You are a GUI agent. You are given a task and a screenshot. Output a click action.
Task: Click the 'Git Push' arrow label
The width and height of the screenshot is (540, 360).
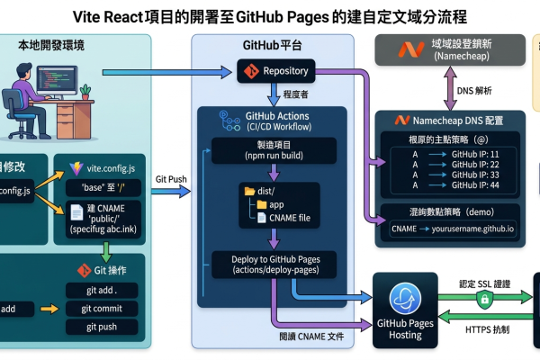[172, 179]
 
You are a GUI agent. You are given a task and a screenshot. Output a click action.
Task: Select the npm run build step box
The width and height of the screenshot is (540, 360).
[272, 150]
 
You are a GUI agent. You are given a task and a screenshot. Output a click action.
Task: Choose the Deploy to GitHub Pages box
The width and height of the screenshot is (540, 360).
[272, 265]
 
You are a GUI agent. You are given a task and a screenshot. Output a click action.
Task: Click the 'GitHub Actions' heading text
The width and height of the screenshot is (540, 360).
[277, 117]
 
